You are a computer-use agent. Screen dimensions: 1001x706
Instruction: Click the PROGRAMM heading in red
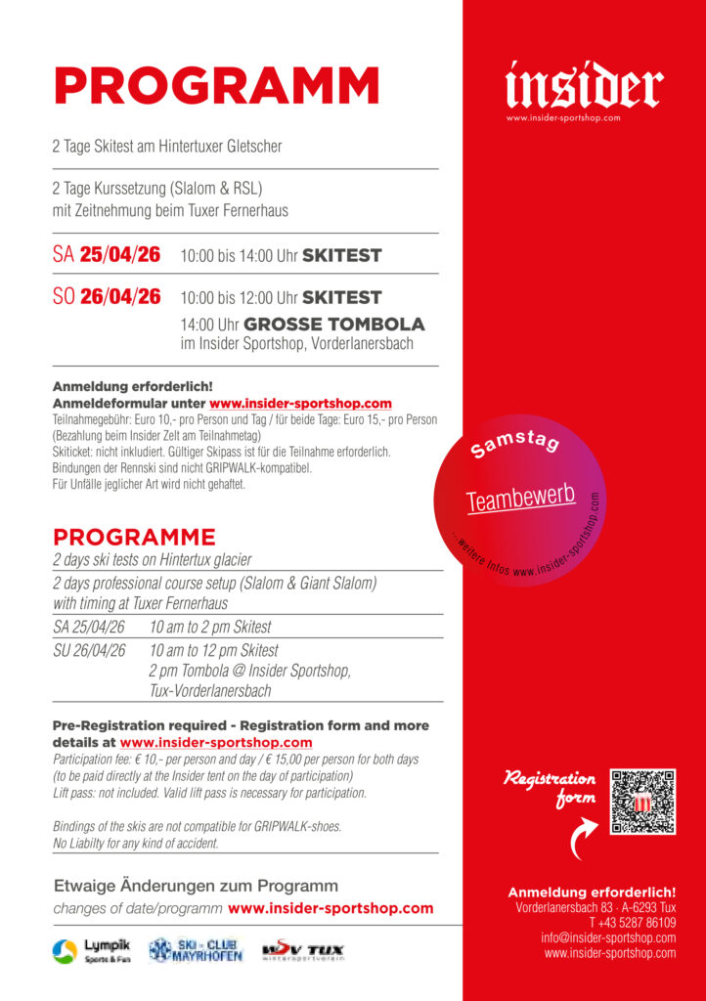tap(216, 86)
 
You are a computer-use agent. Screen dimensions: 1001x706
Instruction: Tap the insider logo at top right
tap(584, 86)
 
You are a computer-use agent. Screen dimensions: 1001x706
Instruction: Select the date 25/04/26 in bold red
tap(120, 256)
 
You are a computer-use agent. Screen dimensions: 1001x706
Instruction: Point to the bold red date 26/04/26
tap(120, 297)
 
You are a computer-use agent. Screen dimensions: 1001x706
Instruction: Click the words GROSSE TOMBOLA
tap(333, 325)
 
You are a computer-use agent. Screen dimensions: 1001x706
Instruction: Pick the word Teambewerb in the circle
tap(519, 497)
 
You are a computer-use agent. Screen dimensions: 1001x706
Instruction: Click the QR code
tap(642, 802)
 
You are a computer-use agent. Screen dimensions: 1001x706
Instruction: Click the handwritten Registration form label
tap(551, 789)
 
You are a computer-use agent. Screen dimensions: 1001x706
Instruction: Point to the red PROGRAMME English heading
tap(134, 538)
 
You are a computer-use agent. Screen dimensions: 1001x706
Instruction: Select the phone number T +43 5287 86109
tap(632, 923)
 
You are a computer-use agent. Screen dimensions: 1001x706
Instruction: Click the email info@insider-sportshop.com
tap(608, 937)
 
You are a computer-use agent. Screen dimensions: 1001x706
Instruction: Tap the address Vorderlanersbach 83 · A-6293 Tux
tap(596, 908)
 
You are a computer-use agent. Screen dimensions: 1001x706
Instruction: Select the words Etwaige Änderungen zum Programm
tap(196, 886)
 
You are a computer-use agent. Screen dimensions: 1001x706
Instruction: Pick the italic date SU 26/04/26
tap(89, 650)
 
